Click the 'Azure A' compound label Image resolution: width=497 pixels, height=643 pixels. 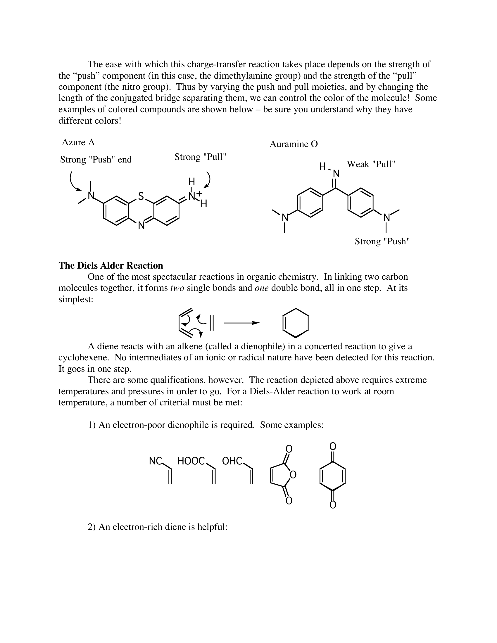78,143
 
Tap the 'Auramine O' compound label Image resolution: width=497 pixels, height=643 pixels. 294,144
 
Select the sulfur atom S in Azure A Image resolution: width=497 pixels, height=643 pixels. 141,196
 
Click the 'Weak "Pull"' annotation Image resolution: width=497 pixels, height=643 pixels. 371,164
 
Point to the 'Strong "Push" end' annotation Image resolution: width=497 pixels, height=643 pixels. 96,160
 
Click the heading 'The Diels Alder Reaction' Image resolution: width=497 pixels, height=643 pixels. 111,266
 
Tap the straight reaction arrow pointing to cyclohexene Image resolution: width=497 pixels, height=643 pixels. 241,323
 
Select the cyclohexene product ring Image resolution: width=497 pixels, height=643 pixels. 295,323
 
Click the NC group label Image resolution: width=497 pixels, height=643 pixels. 156,461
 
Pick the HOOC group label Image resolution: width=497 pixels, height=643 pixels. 191,461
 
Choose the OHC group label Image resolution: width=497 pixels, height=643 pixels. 232,461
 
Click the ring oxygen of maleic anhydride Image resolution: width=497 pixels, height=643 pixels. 293,475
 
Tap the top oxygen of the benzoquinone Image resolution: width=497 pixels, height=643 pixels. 333,447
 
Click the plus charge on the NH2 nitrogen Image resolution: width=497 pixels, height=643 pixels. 199,193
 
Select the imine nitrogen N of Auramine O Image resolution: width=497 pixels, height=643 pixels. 336,174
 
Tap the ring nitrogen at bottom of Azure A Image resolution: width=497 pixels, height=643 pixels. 141,226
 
